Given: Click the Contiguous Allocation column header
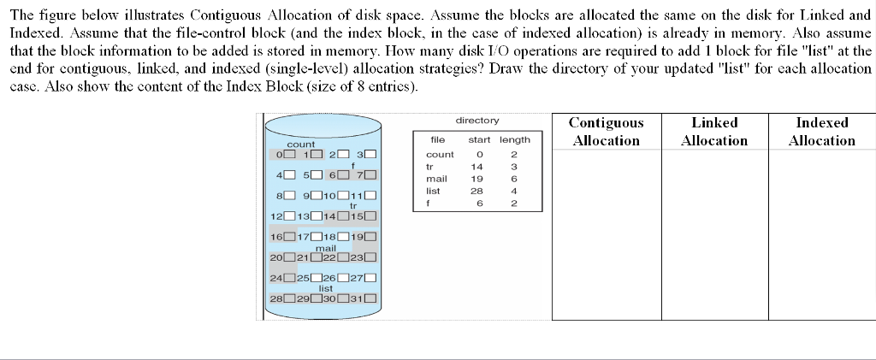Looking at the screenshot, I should tap(606, 132).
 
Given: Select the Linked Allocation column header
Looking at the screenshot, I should tap(714, 132).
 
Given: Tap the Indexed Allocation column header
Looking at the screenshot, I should tap(821, 132).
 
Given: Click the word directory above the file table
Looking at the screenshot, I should tap(477, 121).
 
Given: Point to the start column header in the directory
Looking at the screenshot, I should tap(479, 139).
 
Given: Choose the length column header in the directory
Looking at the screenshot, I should tap(515, 139).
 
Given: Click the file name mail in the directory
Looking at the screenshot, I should tap(436, 179).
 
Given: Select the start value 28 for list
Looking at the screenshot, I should tap(477, 192).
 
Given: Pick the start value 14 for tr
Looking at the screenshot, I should tap(477, 167).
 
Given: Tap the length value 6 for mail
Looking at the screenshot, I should tap(515, 179).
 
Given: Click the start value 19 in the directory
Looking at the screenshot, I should tap(477, 179).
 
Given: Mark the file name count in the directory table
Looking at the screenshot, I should tap(440, 154).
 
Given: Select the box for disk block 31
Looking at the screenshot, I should tap(371, 298).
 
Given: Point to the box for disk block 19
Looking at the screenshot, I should tap(371, 237).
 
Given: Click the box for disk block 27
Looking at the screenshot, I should tap(371, 278).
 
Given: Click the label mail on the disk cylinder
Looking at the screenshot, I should tap(325, 248).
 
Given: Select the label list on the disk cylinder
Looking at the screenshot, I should tap(326, 289).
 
